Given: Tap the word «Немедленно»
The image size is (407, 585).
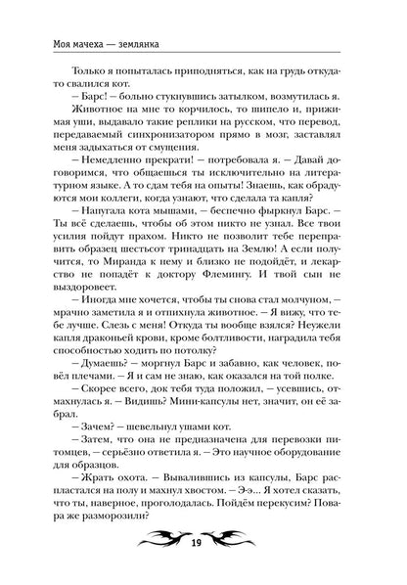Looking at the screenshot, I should coord(100,167).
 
